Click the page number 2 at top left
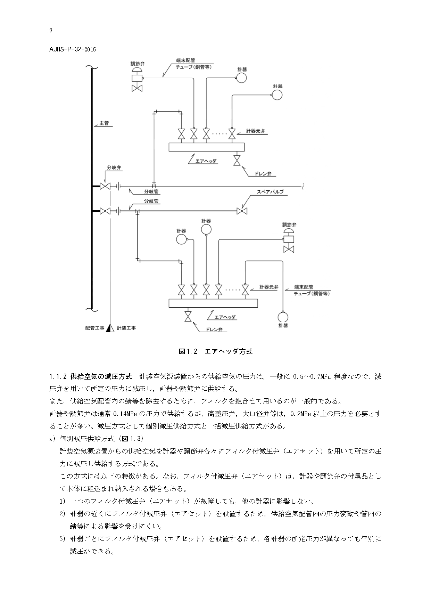coord(51,31)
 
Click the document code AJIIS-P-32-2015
coord(73,49)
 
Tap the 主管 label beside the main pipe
coord(104,123)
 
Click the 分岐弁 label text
coord(114,168)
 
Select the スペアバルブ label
coord(270,192)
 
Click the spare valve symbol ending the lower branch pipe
coord(241,211)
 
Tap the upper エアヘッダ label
coord(206,161)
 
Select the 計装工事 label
coord(126,328)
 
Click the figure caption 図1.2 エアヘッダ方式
coord(215,351)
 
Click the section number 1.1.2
coord(58,376)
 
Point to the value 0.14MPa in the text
coord(126,414)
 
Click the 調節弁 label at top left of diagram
coord(138,64)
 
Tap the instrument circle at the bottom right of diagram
coord(283,317)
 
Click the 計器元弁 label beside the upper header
coord(256,131)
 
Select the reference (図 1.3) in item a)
coord(131,439)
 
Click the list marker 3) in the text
coord(62,539)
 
